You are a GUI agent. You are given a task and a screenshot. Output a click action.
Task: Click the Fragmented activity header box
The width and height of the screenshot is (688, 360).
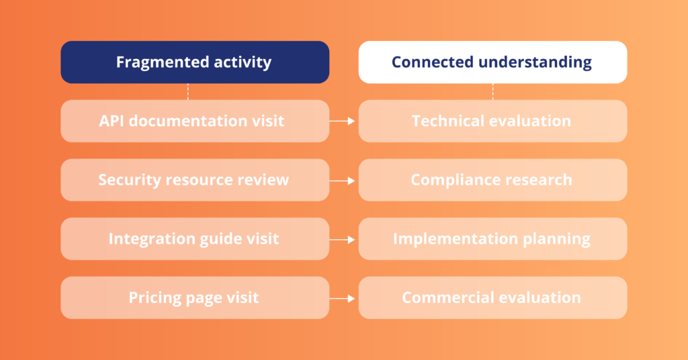pyautogui.click(x=195, y=62)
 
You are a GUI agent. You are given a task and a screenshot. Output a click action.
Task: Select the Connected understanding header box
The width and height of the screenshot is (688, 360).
pyautogui.click(x=492, y=62)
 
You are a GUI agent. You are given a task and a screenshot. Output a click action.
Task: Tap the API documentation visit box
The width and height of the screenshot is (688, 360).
pyautogui.click(x=195, y=121)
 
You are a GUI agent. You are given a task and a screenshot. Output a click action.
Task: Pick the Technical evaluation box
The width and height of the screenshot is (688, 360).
pyautogui.click(x=492, y=121)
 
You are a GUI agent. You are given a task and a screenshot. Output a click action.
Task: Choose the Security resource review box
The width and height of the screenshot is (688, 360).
pyautogui.click(x=195, y=180)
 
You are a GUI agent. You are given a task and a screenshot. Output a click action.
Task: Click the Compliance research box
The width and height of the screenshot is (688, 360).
pyautogui.click(x=492, y=180)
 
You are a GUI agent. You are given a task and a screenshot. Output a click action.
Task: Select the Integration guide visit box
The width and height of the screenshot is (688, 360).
pyautogui.click(x=195, y=239)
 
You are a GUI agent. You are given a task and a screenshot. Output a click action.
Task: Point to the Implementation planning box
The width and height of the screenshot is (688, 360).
pyautogui.click(x=492, y=239)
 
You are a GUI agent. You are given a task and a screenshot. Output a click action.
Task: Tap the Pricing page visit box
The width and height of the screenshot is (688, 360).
pyautogui.click(x=195, y=298)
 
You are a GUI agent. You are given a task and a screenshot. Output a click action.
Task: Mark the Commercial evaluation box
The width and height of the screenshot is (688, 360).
pyautogui.click(x=492, y=298)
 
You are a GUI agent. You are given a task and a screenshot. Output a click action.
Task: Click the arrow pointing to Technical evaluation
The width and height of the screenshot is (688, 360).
pyautogui.click(x=342, y=121)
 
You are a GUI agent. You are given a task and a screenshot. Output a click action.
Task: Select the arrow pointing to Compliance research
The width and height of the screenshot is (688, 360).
pyautogui.click(x=342, y=180)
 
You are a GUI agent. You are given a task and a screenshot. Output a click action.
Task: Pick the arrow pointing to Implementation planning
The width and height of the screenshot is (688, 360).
pyautogui.click(x=342, y=239)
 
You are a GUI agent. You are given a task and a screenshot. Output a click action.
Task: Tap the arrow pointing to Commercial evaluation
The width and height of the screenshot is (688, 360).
pyautogui.click(x=342, y=298)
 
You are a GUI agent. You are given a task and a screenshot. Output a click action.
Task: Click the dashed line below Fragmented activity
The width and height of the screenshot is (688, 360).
pyautogui.click(x=188, y=91)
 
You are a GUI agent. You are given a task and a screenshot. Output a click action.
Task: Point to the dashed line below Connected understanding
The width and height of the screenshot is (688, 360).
pyautogui.click(x=492, y=91)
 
